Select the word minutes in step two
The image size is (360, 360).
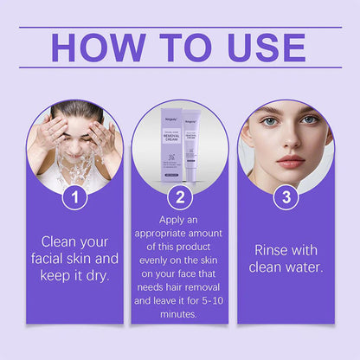pyautogui.click(x=179, y=316)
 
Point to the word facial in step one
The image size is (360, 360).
pyautogui.click(x=51, y=259)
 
